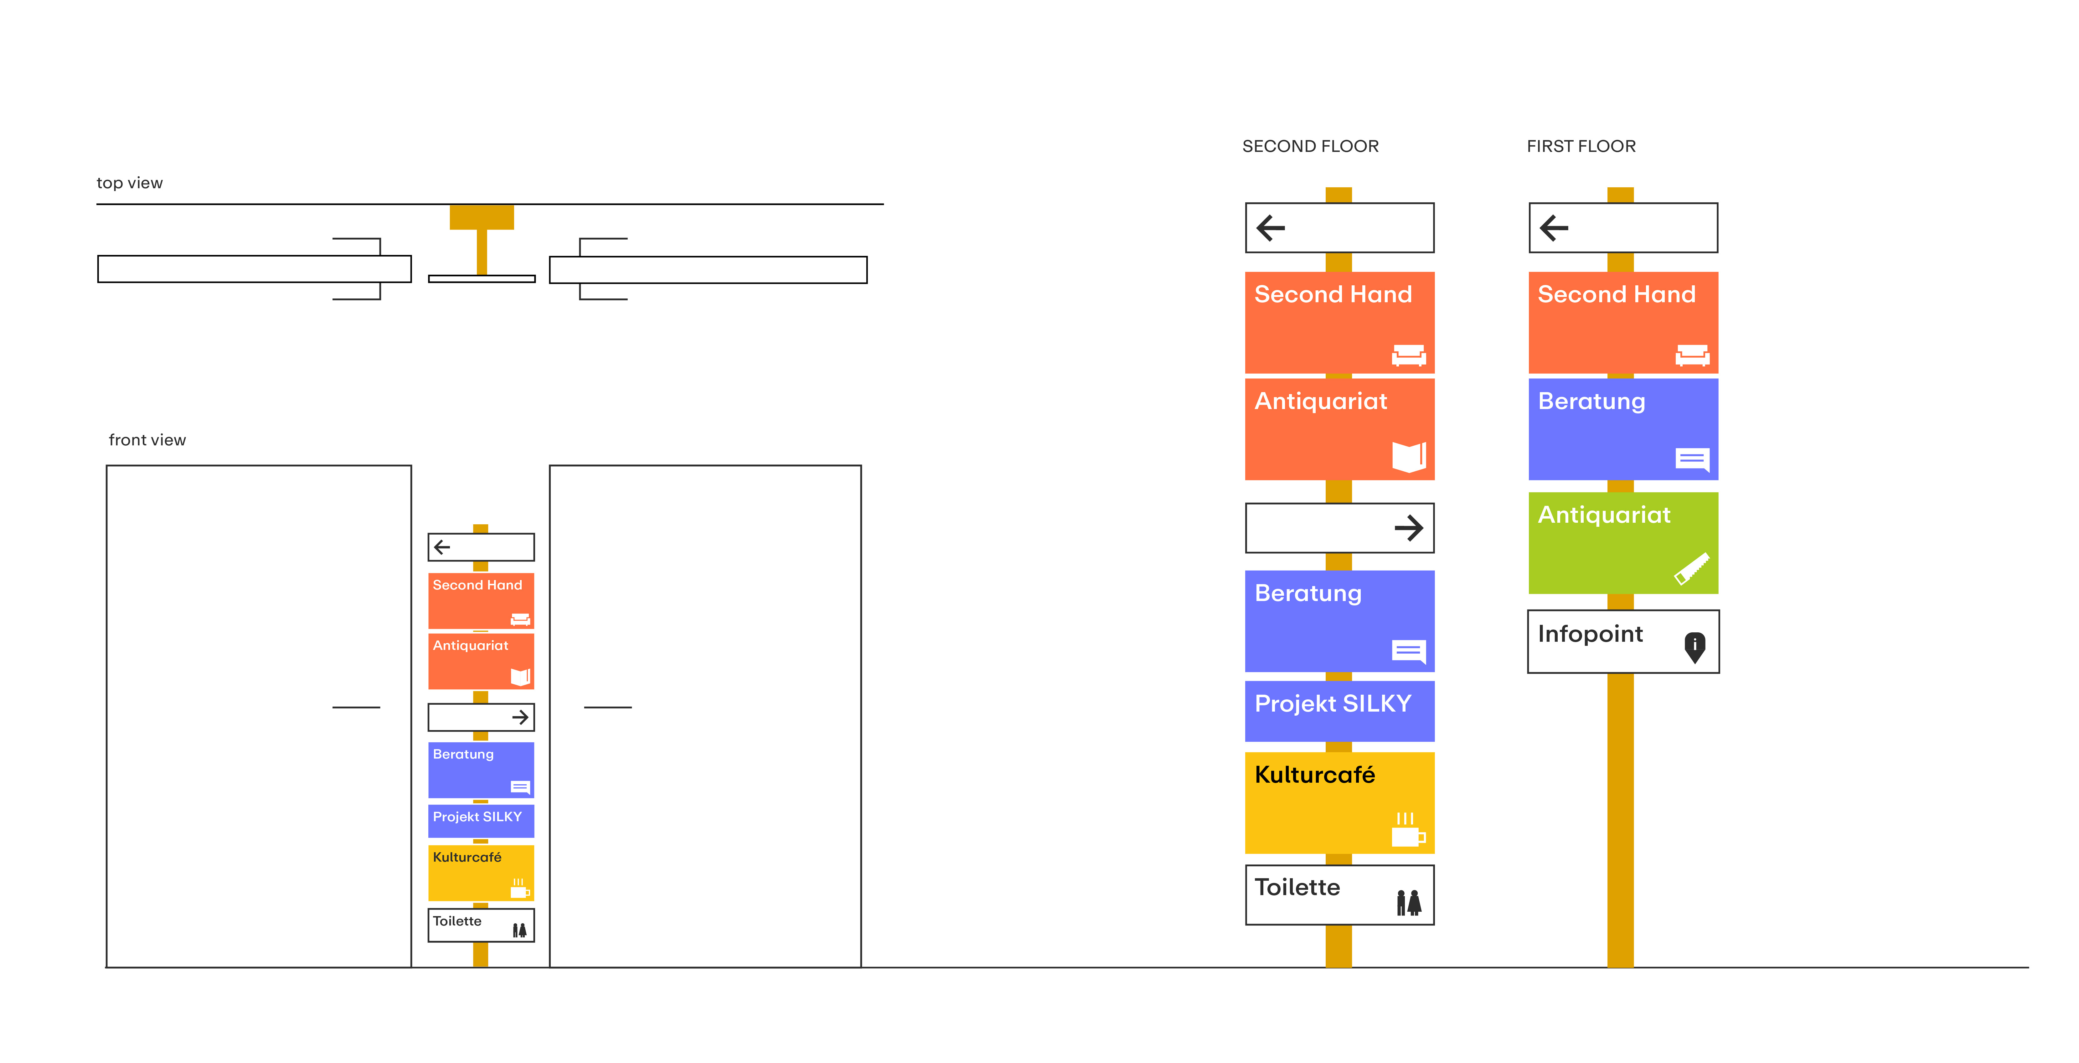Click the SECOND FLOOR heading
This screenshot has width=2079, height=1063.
1310,146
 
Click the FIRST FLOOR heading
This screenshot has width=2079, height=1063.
1580,146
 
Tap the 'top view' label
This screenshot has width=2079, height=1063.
129,183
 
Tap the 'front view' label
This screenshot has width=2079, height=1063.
147,440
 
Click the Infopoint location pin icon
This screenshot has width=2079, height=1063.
1694,646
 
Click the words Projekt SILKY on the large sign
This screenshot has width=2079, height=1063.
1333,704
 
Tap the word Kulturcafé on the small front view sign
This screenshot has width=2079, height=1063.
467,857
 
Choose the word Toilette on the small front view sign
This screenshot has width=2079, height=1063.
457,921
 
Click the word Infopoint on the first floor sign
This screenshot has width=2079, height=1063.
1590,635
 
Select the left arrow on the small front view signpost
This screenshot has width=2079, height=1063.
442,547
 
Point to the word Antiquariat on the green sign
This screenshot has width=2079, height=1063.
1604,515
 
